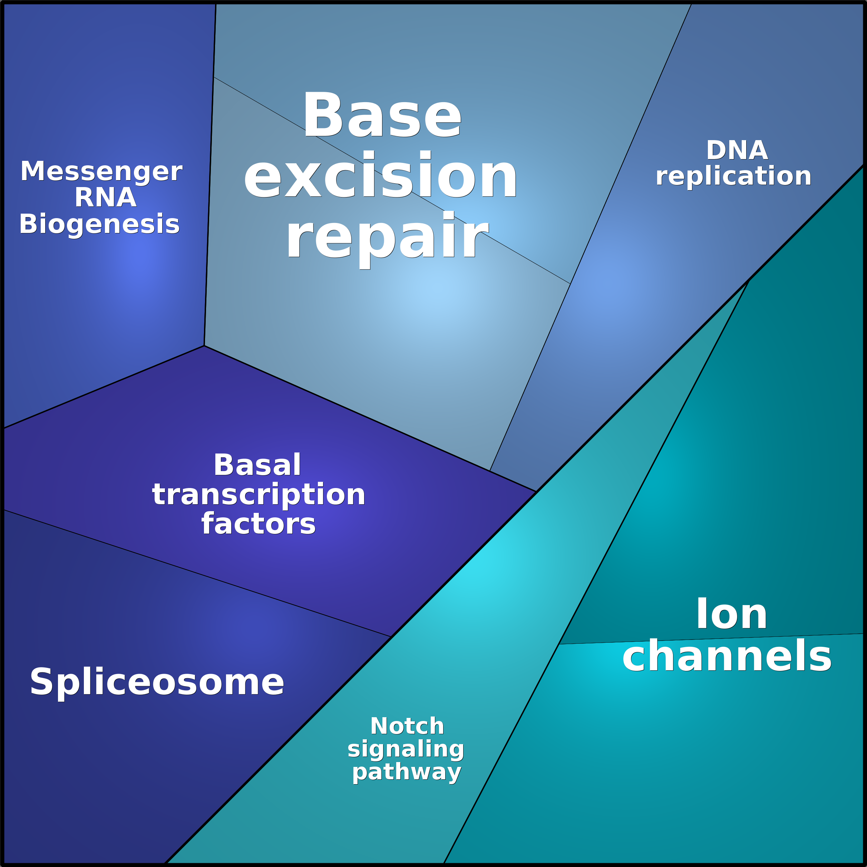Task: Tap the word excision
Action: pyautogui.click(x=381, y=175)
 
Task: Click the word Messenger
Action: pyautogui.click(x=101, y=172)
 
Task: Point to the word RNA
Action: pyautogui.click(x=106, y=197)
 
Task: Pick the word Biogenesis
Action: pyautogui.click(x=99, y=224)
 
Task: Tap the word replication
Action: pyautogui.click(x=733, y=176)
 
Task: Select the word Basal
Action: pyautogui.click(x=257, y=465)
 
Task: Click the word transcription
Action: pyautogui.click(x=259, y=495)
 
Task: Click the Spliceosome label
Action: pyautogui.click(x=157, y=682)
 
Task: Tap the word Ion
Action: pyautogui.click(x=731, y=614)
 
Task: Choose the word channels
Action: pyautogui.click(x=727, y=656)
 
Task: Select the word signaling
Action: pyautogui.click(x=406, y=749)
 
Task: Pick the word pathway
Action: pyautogui.click(x=407, y=772)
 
